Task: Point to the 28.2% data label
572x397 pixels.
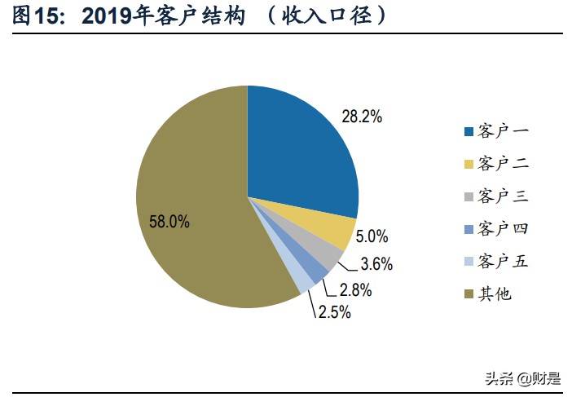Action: [362, 117]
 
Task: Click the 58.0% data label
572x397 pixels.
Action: [169, 221]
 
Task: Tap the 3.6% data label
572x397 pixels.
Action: [376, 264]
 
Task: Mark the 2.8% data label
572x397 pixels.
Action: [356, 289]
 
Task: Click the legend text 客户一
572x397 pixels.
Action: [504, 131]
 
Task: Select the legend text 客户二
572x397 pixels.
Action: [504, 164]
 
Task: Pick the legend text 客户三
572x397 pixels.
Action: [504, 196]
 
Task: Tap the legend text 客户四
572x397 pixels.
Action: [504, 229]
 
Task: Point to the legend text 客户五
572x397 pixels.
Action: [504, 262]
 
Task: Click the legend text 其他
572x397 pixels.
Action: [495, 294]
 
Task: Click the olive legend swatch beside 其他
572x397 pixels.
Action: [468, 294]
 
